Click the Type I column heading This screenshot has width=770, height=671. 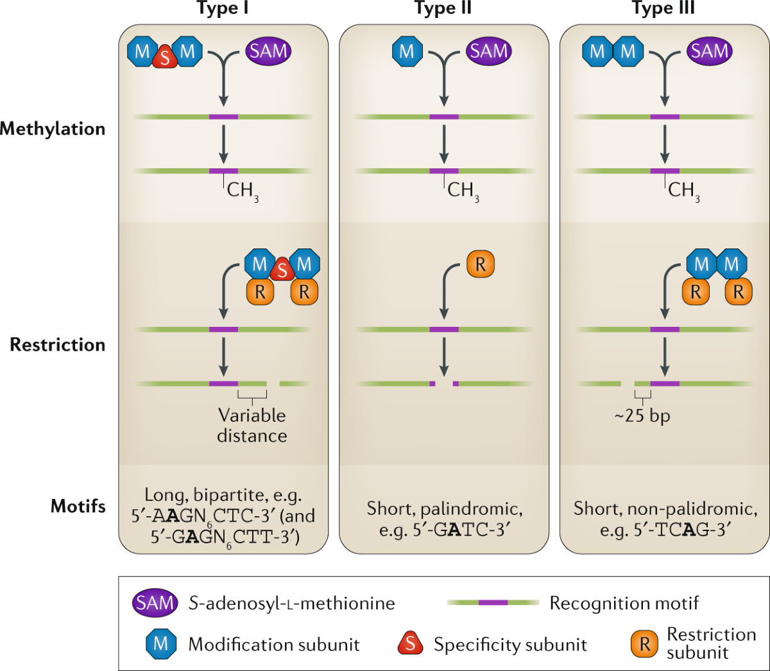(223, 8)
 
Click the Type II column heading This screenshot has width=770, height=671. (443, 8)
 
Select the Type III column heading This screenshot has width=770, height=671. (663, 8)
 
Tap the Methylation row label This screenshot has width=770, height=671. (53, 129)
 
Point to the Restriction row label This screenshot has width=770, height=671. (58, 345)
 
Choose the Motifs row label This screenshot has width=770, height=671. (78, 506)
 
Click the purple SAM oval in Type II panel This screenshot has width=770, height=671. (488, 51)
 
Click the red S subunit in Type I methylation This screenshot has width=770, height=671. (165, 58)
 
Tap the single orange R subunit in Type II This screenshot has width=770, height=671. (481, 265)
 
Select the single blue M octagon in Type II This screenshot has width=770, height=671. (407, 51)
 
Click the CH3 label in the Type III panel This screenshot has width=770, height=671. (684, 191)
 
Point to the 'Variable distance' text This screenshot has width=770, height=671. (252, 426)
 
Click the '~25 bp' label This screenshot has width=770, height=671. (642, 416)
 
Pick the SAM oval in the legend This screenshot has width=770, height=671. (155, 603)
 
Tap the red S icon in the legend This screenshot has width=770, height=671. (410, 644)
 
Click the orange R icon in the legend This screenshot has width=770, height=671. (645, 644)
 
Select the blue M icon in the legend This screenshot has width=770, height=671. (161, 643)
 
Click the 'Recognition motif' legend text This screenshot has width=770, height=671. (624, 603)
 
